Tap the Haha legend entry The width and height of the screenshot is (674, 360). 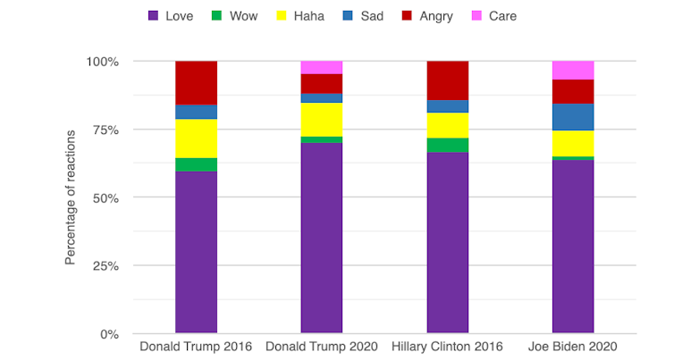(301, 16)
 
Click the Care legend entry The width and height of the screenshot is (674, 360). (493, 16)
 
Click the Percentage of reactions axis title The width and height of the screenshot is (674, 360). (71, 197)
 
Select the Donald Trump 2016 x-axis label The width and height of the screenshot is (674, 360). (196, 347)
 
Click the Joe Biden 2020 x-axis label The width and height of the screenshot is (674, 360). (573, 347)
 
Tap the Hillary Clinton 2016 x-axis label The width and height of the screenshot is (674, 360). (447, 347)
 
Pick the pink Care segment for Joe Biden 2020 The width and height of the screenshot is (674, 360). (573, 71)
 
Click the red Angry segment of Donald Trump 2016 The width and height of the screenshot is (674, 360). (196, 83)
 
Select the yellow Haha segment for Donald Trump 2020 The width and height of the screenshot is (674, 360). (322, 120)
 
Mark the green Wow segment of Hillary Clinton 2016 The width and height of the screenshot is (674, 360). (447, 145)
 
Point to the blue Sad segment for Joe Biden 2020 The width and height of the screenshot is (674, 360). (573, 117)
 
